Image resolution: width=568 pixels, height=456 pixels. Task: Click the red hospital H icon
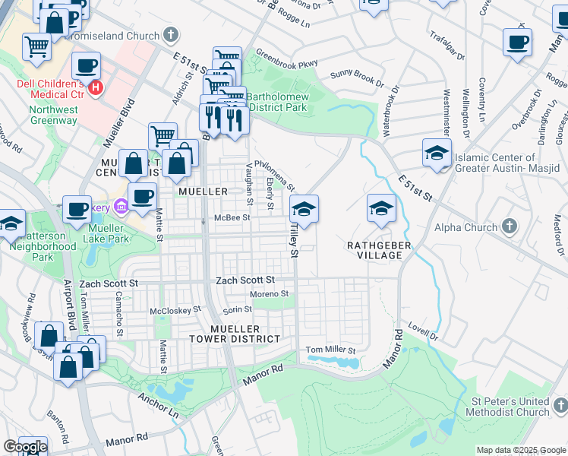[96, 87]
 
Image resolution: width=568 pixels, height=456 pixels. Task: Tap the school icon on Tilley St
[304, 208]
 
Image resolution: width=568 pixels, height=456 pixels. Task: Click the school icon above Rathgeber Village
[381, 208]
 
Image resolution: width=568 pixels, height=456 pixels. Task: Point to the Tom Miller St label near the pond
[330, 350]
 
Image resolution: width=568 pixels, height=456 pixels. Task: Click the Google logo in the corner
[25, 447]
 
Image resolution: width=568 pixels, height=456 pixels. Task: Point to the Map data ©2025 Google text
[520, 450]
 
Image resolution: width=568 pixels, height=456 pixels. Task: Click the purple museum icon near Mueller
[120, 207]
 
